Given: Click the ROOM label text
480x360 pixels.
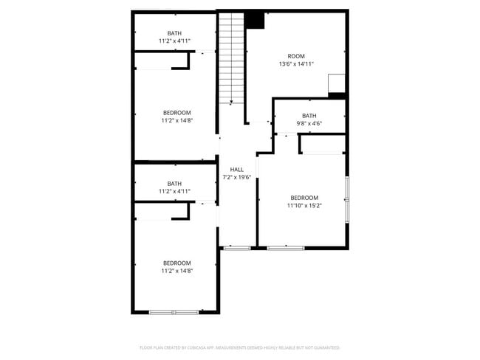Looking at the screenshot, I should pos(295,56).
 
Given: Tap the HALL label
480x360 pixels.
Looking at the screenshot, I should pos(236,170).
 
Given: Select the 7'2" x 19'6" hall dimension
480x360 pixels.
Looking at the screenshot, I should pos(236,177).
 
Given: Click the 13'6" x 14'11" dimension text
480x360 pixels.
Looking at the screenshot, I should pos(295,64).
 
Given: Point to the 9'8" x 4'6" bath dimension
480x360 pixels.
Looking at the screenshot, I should pos(309,123).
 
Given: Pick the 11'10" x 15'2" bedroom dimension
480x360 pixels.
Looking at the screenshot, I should pos(304,205).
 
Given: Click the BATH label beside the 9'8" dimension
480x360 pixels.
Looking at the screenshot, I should pos(309,116).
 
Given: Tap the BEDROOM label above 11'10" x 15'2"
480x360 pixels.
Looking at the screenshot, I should pos(304,197).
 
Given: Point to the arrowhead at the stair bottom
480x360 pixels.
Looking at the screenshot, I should pos(231,102).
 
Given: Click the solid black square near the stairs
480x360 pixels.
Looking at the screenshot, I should pos(255,20).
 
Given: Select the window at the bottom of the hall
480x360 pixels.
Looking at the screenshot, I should pos(237,248).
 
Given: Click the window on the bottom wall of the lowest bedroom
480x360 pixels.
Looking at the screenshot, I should pos(174,312).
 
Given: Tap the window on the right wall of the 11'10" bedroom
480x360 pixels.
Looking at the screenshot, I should pos(346,200).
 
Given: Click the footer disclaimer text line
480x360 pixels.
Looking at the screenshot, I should pos(239,347).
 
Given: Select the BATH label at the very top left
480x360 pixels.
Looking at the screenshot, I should pos(174,33).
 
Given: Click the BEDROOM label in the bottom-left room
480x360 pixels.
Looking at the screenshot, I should pos(176,263).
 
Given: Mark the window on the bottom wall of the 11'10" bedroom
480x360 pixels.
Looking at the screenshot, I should pos(285,248).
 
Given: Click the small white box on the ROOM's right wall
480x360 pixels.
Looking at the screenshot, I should pos(336,83).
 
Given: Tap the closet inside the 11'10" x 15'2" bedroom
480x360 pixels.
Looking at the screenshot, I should pos(323,145).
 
